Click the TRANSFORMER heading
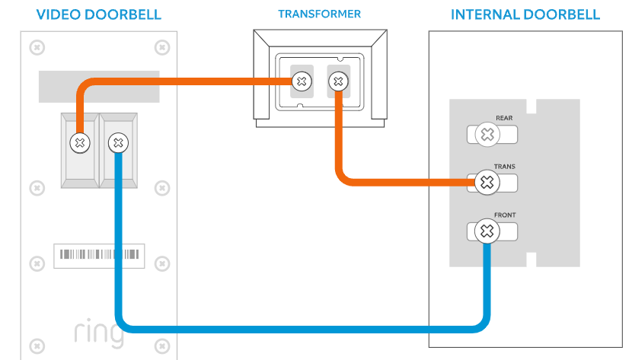click(x=319, y=14)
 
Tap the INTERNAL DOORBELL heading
click(x=525, y=14)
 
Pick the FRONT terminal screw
click(x=487, y=231)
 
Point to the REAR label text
click(x=504, y=118)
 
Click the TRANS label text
click(x=504, y=166)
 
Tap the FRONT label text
click(x=504, y=215)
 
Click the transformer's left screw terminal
click(x=302, y=80)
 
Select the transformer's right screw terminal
click(x=337, y=80)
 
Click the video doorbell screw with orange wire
click(x=78, y=142)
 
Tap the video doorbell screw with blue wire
click(x=117, y=142)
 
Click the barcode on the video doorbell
click(x=99, y=255)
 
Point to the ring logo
click(x=99, y=333)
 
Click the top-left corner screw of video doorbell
click(x=35, y=47)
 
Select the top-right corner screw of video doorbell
click(x=161, y=47)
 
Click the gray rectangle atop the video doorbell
click(x=99, y=87)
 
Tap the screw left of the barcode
click(x=35, y=263)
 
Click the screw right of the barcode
click(x=161, y=263)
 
